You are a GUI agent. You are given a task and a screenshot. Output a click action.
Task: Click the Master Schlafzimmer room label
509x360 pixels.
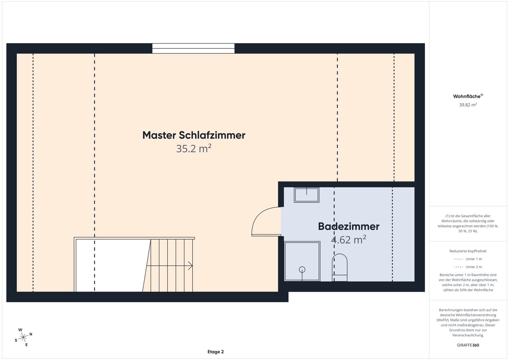[194, 135]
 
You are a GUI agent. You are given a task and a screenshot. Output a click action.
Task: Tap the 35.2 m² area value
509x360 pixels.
[194, 149]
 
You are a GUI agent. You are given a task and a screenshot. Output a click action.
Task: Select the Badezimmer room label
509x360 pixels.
[349, 226]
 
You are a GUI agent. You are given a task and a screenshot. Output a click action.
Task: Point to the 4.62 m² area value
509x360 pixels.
[349, 240]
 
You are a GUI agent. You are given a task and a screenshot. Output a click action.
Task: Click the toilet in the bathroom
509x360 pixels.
[339, 267]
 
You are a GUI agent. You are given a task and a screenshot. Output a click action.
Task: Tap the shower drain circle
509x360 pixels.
[302, 269]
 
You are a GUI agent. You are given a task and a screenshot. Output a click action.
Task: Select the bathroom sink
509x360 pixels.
[306, 195]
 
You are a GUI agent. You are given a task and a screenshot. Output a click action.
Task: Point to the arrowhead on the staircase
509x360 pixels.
[191, 266]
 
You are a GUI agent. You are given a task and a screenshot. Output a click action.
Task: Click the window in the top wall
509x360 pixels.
[193, 48]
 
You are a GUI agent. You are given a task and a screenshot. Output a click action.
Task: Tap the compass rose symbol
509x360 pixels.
[23, 337]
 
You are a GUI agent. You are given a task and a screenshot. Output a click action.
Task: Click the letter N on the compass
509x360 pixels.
[31, 334]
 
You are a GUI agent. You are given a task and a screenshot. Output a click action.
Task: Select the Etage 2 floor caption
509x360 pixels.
[215, 352]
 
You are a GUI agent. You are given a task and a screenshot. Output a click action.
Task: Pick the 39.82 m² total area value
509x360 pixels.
[468, 105]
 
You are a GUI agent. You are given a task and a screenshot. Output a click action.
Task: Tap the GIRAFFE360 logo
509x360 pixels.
[468, 345]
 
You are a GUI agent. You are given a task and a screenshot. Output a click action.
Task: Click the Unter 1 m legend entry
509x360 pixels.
[468, 259]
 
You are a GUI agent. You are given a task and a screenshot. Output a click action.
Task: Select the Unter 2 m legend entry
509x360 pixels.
[468, 267]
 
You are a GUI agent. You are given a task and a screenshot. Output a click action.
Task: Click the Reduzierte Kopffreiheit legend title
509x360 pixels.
[468, 251]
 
